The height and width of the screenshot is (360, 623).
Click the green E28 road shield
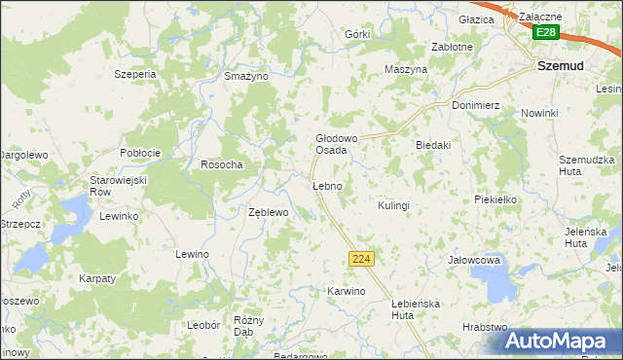point(546,33)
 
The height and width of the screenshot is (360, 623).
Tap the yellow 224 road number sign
point(361,258)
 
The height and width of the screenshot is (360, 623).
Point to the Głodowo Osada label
point(331,144)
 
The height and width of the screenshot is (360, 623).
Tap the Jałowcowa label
point(473,261)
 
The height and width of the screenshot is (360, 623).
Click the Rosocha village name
point(221,164)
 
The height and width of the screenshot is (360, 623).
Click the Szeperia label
point(135,74)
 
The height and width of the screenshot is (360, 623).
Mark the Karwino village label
point(346,291)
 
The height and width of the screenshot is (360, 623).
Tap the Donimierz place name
point(475,104)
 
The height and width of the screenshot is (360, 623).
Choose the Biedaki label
point(433,145)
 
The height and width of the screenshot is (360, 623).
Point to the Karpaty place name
point(97,278)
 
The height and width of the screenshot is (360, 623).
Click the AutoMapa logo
point(563,341)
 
